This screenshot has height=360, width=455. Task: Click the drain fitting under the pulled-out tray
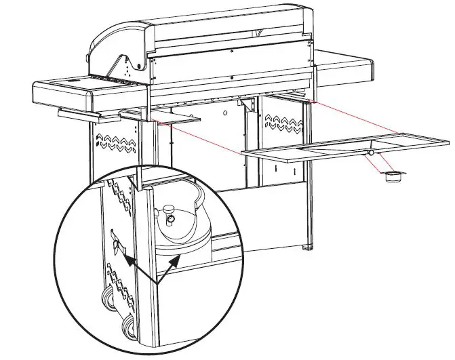point(372,155)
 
